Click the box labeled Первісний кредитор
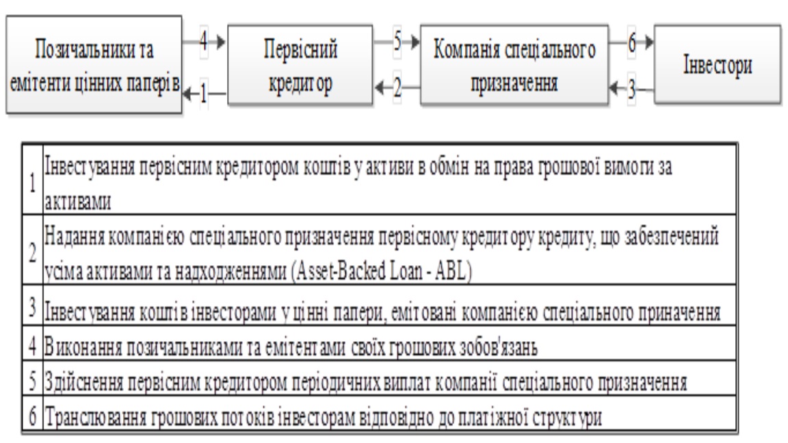(x=300, y=65)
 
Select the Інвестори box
(x=718, y=65)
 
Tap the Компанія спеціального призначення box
(x=514, y=65)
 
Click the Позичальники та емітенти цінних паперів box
(x=94, y=64)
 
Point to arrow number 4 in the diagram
(x=205, y=41)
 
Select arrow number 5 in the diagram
(x=397, y=41)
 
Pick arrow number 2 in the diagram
(x=397, y=88)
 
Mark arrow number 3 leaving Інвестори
(x=631, y=89)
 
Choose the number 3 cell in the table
(x=33, y=306)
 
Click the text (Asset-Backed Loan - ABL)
(x=382, y=271)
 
